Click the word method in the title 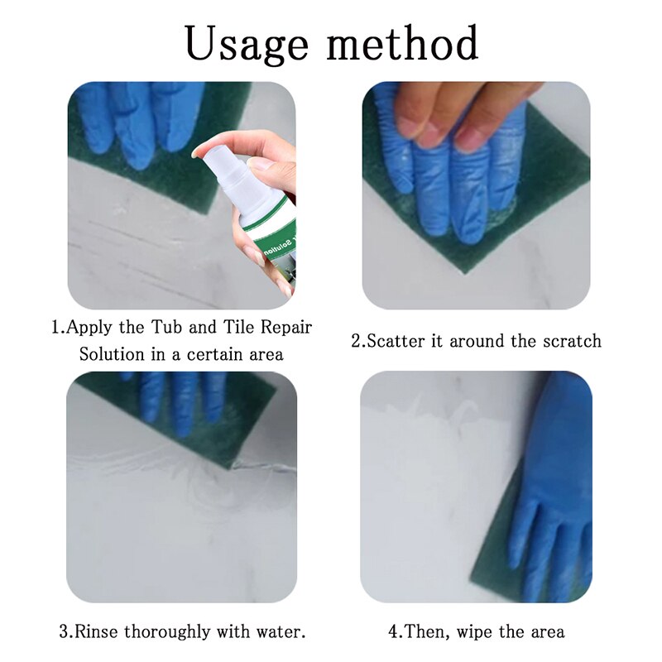click(x=404, y=43)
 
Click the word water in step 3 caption click(x=283, y=632)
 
